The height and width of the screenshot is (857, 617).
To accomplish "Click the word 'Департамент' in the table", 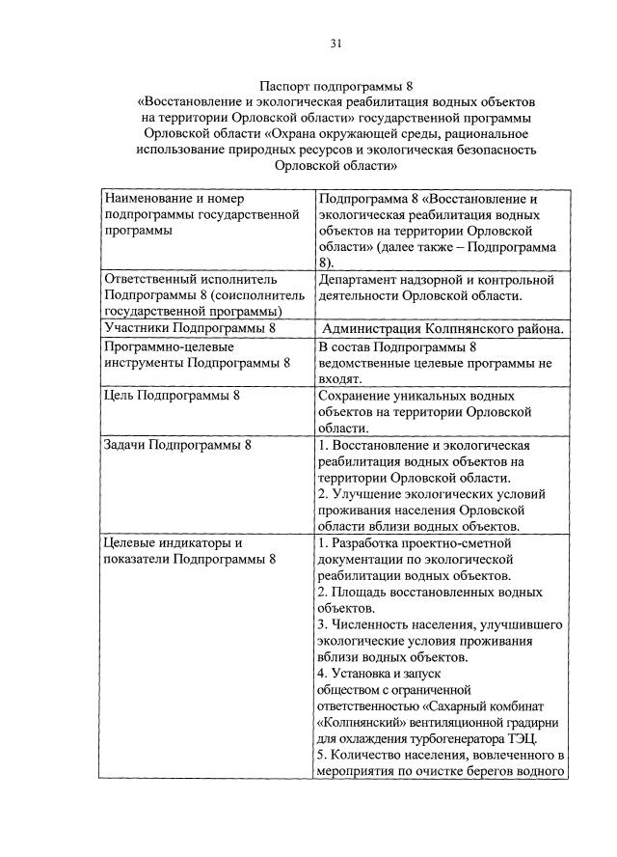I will click(x=360, y=280).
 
